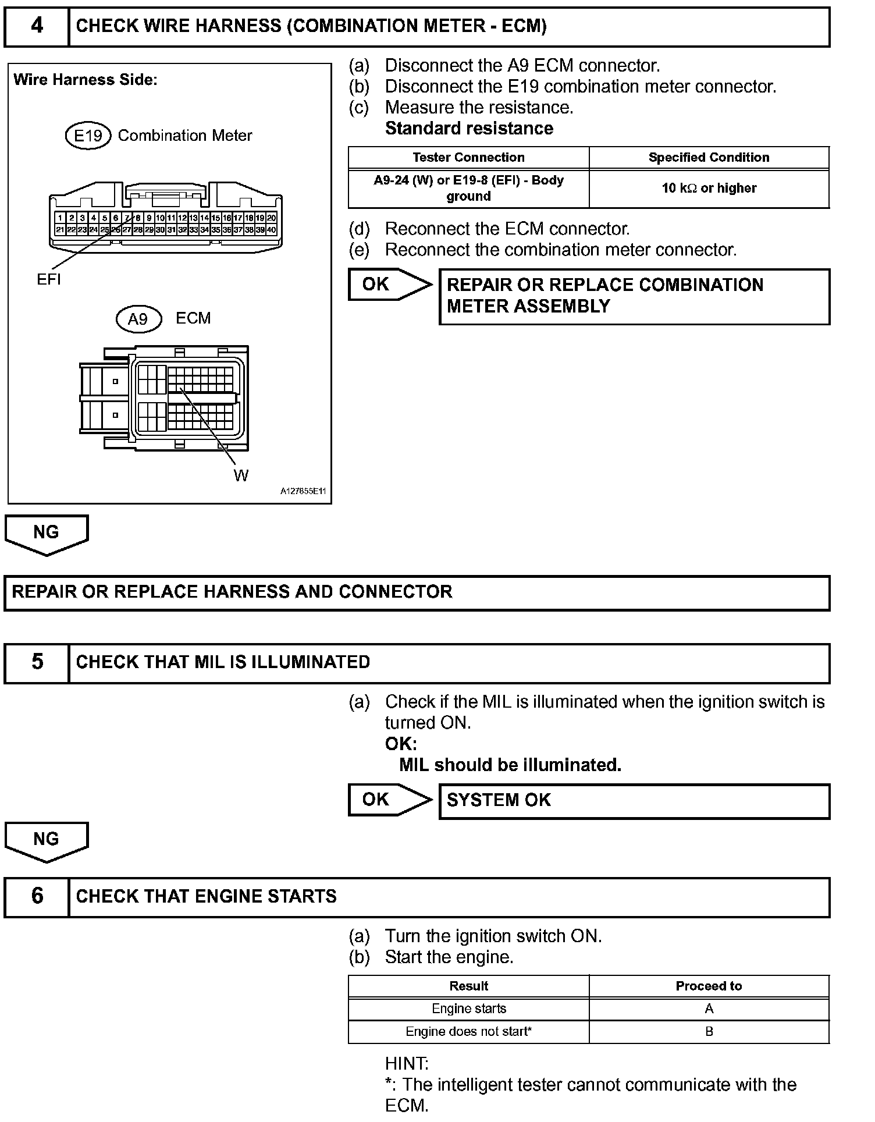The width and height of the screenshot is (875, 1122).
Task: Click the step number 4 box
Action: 37,27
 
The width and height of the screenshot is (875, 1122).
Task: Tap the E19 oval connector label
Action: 88,136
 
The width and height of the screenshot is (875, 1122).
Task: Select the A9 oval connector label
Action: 138,319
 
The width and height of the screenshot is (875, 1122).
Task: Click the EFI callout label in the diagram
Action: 49,280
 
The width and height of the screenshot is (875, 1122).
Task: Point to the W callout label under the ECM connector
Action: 241,476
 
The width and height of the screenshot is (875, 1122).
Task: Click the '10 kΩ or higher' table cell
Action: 709,189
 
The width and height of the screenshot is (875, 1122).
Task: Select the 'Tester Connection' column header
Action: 468,158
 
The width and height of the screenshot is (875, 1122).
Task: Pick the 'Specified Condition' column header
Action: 709,158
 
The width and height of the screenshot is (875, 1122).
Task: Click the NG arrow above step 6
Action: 47,841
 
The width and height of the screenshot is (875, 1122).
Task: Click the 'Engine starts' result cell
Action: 468,1009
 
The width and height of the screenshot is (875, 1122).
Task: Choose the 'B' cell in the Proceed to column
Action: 709,1032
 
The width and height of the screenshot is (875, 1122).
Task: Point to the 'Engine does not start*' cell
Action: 468,1032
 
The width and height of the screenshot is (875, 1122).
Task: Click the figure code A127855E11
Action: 303,491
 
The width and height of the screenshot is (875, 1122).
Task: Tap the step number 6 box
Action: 37,896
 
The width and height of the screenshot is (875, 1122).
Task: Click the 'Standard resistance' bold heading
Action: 469,129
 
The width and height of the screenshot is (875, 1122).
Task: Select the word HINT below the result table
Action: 407,1064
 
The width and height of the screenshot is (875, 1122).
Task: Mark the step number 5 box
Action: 37,662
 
